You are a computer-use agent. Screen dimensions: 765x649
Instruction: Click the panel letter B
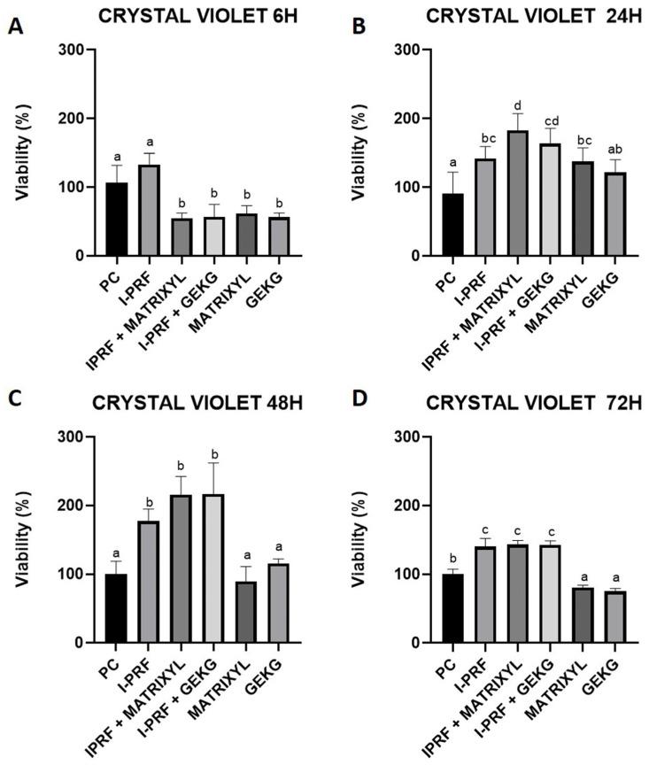tap(360, 26)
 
